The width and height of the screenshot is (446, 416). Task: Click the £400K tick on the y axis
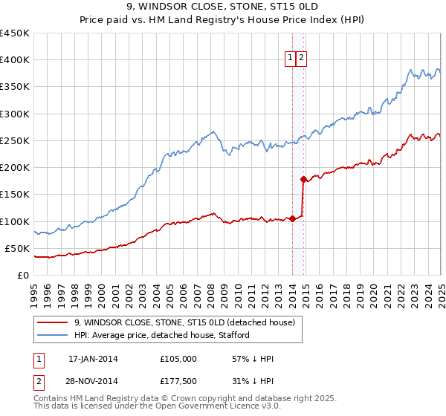[x=14, y=60]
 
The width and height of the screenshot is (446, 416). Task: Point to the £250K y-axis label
[x=14, y=140]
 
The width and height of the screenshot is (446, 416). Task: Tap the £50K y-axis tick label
[x=17, y=248]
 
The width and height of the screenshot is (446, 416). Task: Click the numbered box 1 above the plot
[x=290, y=59]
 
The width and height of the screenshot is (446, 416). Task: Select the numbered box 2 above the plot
[x=302, y=59]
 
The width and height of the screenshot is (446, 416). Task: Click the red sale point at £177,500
[x=303, y=179]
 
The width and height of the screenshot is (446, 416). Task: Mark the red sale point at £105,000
[x=292, y=218]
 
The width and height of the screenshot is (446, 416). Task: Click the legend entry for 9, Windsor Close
[x=185, y=322]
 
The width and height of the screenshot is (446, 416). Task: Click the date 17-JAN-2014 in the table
[x=93, y=359]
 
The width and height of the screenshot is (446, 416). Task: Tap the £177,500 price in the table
[x=178, y=381]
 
